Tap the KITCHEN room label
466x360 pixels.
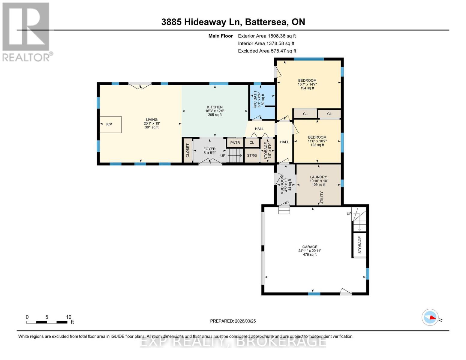(215, 107)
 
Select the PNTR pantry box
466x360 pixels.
(235, 142)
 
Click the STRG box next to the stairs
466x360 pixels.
(252, 155)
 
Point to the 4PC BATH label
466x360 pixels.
(255, 99)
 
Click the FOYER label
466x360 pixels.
(209, 149)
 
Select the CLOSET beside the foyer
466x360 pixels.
(188, 150)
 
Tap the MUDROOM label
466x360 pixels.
(282, 185)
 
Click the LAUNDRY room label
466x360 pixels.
(318, 177)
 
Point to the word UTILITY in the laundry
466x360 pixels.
(322, 198)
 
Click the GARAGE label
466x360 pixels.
(310, 247)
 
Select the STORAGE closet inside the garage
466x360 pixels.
(359, 245)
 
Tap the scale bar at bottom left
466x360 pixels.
(47, 322)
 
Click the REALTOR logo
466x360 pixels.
(26, 31)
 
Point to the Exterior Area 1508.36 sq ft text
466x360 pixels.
(267, 36)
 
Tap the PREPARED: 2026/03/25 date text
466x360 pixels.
(233, 321)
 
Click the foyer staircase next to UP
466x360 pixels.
(234, 156)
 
